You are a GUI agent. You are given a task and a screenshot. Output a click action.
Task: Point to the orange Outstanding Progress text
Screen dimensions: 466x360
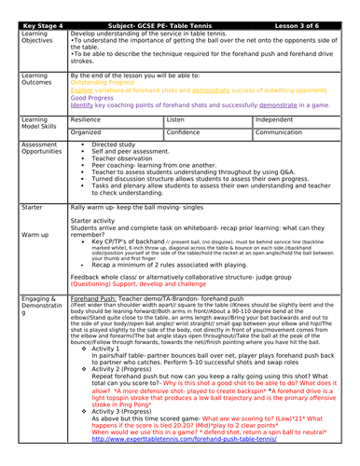tap(104, 83)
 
